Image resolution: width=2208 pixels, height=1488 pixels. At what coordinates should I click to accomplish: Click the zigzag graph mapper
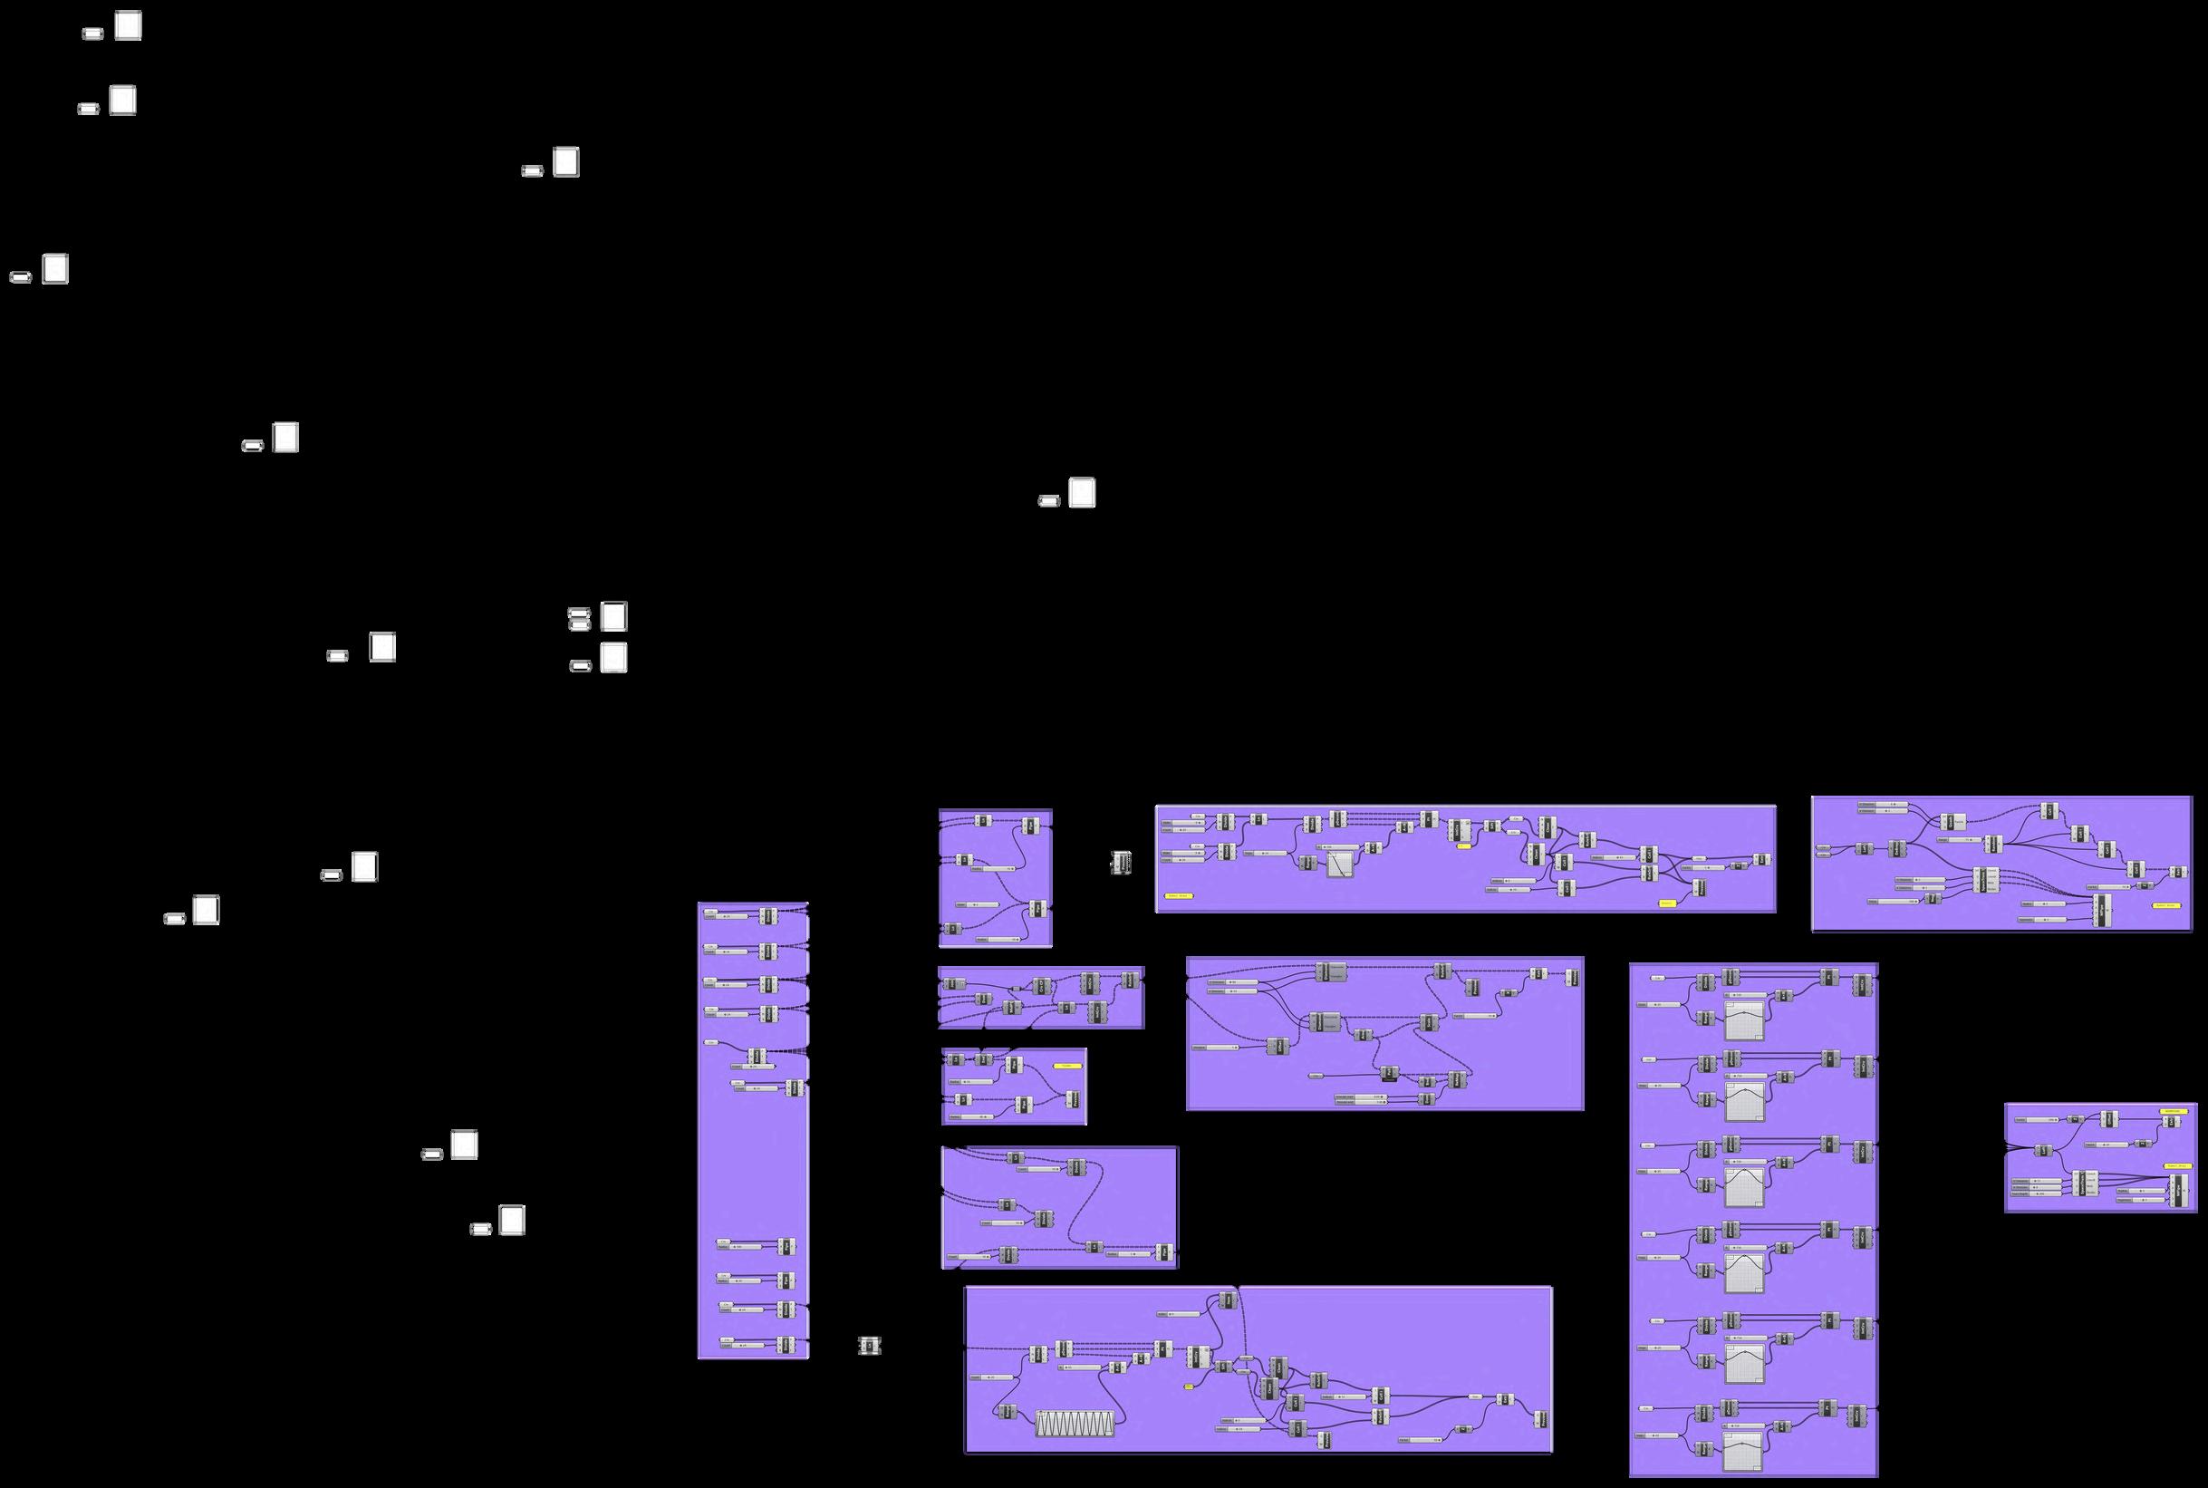click(x=1075, y=1424)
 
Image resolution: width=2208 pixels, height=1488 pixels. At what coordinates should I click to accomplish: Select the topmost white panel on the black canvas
click(x=128, y=25)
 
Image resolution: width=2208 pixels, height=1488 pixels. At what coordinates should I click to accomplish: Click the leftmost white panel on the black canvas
click(x=55, y=269)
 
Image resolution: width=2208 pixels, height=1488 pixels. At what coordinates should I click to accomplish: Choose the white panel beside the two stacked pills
click(x=614, y=617)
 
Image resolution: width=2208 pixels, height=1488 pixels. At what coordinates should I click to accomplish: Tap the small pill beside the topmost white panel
click(x=92, y=34)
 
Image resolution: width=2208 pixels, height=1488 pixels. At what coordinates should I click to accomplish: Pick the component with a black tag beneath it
click(x=1389, y=1072)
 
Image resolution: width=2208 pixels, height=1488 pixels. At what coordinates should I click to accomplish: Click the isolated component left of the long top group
click(x=1122, y=863)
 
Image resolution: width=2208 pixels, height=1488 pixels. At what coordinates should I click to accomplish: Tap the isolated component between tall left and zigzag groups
click(x=869, y=1346)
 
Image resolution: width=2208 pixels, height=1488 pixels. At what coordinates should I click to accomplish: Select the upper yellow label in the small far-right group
click(x=2173, y=1110)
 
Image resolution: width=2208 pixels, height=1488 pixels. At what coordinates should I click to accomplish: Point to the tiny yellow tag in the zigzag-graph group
click(x=1188, y=1387)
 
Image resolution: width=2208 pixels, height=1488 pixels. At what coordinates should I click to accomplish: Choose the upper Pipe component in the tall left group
click(x=786, y=1246)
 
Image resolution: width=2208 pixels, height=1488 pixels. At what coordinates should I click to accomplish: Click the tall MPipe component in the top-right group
click(x=2103, y=909)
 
